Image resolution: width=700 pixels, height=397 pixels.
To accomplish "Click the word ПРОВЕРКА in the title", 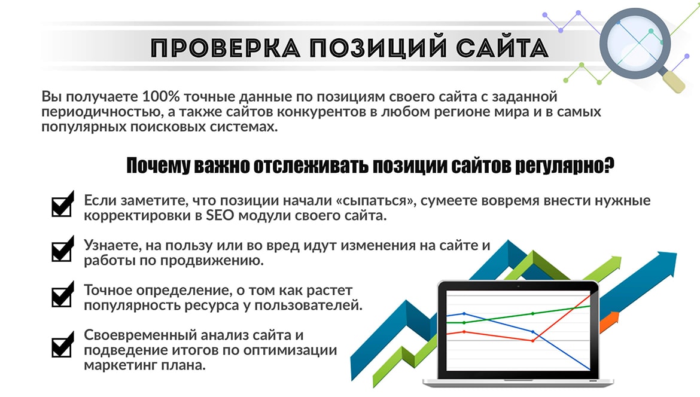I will click(227, 48).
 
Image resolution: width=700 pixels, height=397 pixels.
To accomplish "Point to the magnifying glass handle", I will click(674, 81).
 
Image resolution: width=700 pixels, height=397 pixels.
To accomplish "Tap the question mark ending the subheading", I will click(608, 166).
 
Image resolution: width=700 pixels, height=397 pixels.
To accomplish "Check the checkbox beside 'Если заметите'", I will click(62, 206).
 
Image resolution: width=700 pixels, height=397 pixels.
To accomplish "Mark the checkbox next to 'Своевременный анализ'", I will click(62, 346).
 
